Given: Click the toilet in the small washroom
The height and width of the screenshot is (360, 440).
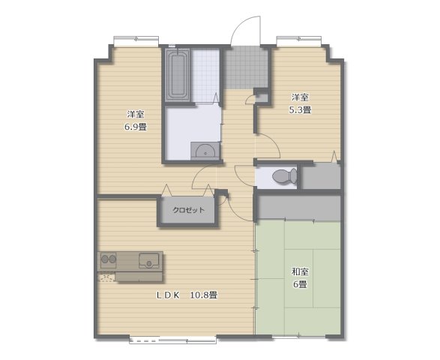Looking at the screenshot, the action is tap(284, 176).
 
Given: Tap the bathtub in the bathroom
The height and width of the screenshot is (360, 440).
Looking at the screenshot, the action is tap(178, 75).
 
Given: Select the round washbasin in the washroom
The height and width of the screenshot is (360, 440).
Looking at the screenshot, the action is tap(205, 151).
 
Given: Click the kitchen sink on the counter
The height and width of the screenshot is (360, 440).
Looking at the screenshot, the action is tap(148, 260).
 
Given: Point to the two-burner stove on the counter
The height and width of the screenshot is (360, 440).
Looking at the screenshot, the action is tap(109, 259).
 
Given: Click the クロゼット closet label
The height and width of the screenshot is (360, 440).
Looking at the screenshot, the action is tap(188, 210).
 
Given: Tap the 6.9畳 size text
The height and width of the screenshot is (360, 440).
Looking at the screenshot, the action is tap(136, 127).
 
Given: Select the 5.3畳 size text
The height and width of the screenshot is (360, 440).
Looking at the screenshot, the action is tap(301, 109).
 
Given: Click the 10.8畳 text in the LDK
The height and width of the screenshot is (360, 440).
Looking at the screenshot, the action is tap(204, 295).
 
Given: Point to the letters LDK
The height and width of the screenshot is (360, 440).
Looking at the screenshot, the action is tap(168, 295).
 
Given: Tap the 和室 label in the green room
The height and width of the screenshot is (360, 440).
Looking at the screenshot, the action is tap(301, 271).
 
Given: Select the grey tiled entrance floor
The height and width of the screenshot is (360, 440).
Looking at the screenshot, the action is tap(246, 67).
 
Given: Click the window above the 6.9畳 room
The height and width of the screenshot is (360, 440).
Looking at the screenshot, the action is tap(136, 41).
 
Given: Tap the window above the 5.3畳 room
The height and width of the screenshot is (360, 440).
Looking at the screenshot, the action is tap(299, 41).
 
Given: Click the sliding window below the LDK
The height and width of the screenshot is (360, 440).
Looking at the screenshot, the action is tap(173, 340).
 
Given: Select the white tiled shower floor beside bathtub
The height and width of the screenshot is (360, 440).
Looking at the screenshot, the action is tap(205, 75).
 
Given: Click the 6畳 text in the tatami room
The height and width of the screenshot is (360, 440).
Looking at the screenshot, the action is tap(301, 284).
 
